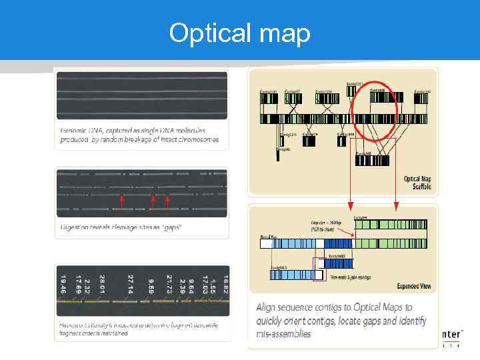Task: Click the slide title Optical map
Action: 239,33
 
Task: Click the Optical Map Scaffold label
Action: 417,183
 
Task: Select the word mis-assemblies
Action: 283,333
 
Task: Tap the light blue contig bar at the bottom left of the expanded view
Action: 293,274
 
